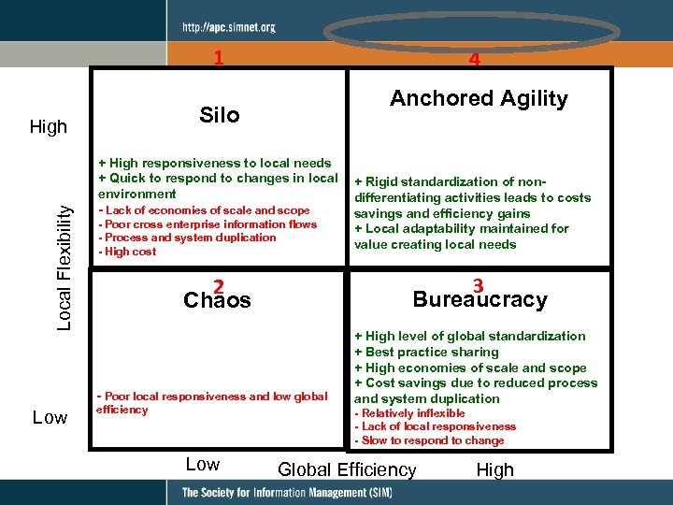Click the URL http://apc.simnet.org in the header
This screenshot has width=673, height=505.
tap(229, 27)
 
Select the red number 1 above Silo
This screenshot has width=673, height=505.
tap(219, 58)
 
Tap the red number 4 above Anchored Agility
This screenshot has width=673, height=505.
tap(475, 60)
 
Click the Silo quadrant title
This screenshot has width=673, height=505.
tap(220, 115)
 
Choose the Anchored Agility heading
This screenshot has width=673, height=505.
tap(479, 99)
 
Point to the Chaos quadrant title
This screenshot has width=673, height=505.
tap(218, 299)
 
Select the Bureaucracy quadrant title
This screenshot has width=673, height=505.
tap(480, 299)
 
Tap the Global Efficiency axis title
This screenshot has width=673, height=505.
tap(347, 469)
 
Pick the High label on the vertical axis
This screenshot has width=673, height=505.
tap(49, 126)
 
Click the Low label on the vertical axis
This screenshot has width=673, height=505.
tap(50, 417)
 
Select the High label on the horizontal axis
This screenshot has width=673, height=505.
tap(494, 469)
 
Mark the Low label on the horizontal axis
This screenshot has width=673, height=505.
tap(203, 465)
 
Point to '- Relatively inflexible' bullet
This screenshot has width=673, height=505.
tap(409, 413)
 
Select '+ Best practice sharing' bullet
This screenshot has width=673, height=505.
tap(426, 352)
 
